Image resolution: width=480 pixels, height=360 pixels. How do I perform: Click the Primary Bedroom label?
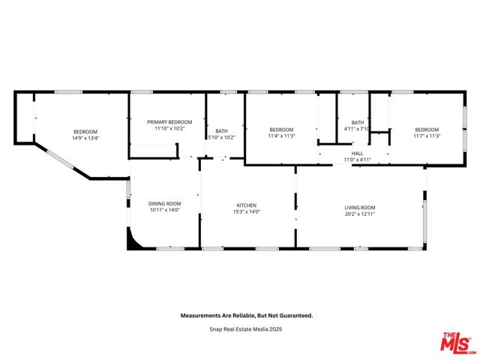[x=169, y=122]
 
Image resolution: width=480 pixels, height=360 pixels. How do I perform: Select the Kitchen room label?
[x=247, y=205]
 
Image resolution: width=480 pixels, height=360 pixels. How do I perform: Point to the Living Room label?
[x=360, y=207]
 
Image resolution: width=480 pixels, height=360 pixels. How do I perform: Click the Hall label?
[x=358, y=153]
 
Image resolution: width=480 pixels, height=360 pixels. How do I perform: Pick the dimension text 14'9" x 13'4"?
[x=85, y=138]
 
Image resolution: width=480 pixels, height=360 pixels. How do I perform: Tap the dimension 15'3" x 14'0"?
[x=247, y=211]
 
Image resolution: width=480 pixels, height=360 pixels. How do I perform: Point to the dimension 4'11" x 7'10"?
[x=358, y=129]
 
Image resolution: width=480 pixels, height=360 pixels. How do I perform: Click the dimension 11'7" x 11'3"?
[x=427, y=136]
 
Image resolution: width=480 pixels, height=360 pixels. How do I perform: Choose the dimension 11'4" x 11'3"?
[x=281, y=136]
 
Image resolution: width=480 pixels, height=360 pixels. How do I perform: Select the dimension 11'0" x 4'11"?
[x=358, y=160]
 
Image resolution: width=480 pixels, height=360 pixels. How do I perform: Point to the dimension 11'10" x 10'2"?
[x=169, y=129]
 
